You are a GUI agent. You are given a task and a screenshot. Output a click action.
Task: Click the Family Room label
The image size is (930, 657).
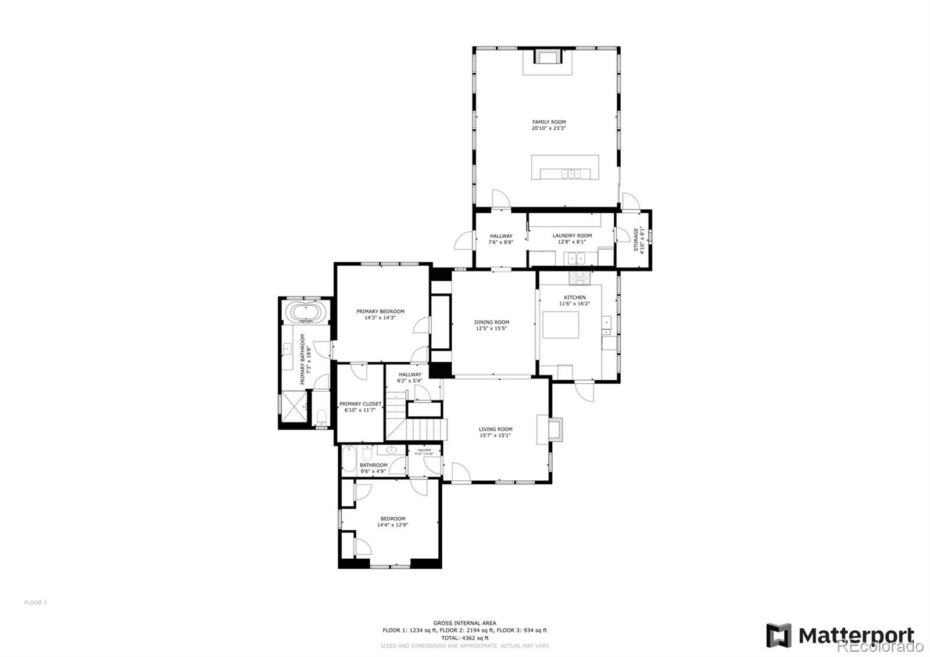(x=549, y=122)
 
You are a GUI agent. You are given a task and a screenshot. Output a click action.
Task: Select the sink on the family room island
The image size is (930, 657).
(x=570, y=173)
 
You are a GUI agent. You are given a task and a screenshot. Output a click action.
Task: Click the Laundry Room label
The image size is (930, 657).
(x=572, y=235)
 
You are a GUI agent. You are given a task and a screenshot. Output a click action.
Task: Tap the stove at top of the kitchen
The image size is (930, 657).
(x=580, y=278)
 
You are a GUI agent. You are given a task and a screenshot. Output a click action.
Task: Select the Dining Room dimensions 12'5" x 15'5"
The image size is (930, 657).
(x=491, y=328)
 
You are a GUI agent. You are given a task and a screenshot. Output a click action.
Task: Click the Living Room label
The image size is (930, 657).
(x=495, y=429)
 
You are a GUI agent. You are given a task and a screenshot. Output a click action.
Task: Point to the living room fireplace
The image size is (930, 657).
(x=556, y=430)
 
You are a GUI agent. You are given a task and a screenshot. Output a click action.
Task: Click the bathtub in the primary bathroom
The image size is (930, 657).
(x=305, y=313)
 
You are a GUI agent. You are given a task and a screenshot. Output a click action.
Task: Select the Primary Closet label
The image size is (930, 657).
(x=360, y=404)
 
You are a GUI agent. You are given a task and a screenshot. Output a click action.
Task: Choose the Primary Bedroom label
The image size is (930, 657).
(x=380, y=311)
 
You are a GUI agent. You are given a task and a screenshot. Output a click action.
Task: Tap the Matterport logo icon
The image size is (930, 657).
(x=778, y=635)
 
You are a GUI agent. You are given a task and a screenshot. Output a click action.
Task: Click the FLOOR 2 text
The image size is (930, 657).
(x=35, y=602)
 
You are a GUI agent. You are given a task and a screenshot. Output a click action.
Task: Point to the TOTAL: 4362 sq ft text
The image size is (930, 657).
(x=464, y=638)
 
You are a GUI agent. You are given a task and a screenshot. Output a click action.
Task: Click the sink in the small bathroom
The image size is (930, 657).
(x=391, y=449)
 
